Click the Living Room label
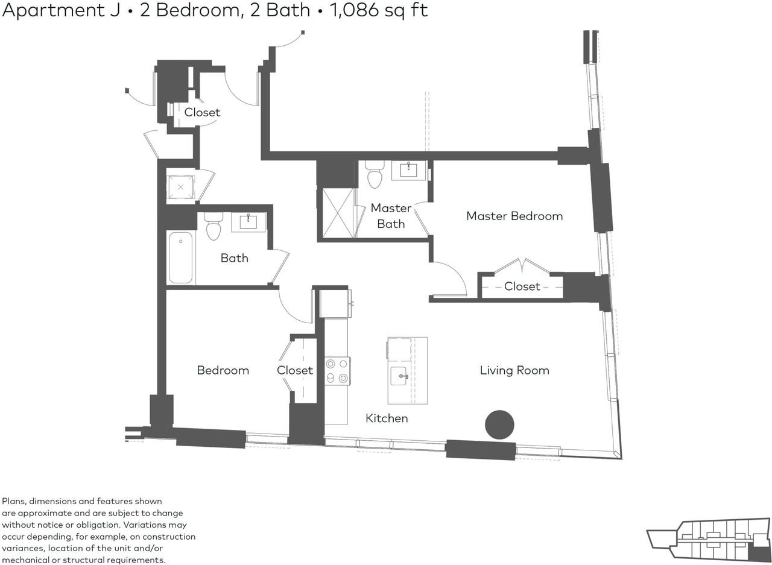[x=514, y=370]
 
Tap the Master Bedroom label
[x=514, y=216]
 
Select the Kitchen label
[x=387, y=418]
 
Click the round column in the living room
[x=499, y=425]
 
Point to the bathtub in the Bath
[x=180, y=257]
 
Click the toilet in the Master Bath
[x=375, y=174]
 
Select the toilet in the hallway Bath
[x=214, y=226]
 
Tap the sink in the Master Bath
[x=408, y=170]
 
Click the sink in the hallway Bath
[x=248, y=222]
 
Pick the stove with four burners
[x=337, y=370]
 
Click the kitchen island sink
[x=399, y=376]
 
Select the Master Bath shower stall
[x=338, y=213]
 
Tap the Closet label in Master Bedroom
[x=522, y=286]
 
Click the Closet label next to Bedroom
[x=295, y=370]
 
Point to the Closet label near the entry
[x=202, y=112]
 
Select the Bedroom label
[x=223, y=370]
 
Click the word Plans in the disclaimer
[x=13, y=501]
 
